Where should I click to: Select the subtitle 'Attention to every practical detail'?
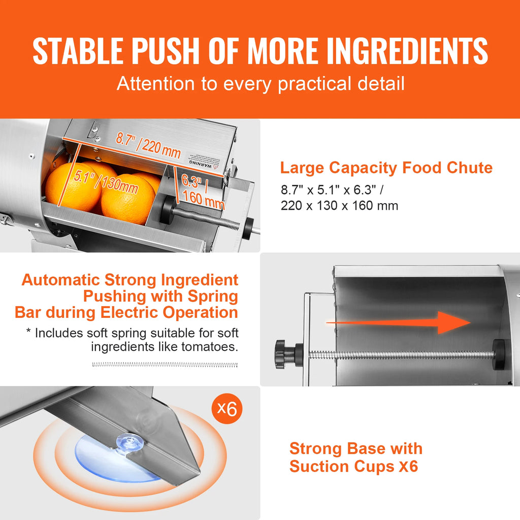point(261,84)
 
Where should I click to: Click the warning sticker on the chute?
point(207,159)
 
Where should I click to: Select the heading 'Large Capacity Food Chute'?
point(386,168)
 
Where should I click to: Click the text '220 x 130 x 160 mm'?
point(339,206)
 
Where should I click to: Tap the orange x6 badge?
point(227,408)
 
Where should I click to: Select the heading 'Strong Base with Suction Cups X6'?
point(355,457)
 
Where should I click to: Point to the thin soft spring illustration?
point(165,364)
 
